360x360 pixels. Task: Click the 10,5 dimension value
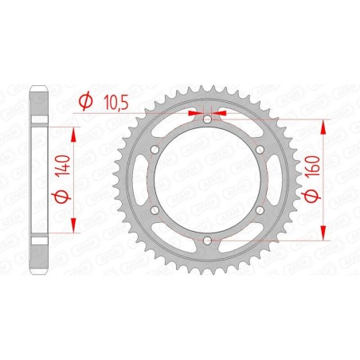click(x=114, y=100)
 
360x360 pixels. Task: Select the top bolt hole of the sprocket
click(x=206, y=119)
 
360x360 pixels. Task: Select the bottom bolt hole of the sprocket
click(x=206, y=240)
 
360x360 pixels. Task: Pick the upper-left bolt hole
click(x=154, y=149)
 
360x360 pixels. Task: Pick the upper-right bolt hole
click(x=259, y=149)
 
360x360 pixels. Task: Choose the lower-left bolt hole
click(x=154, y=209)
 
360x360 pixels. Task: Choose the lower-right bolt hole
click(x=259, y=209)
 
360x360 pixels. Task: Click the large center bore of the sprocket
click(x=206, y=179)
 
